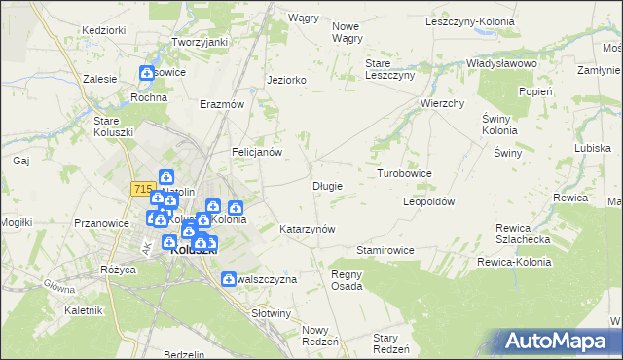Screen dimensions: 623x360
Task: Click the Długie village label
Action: (x=327, y=185)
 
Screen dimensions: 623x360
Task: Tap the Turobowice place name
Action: (x=404, y=172)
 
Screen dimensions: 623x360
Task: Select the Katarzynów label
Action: (x=307, y=229)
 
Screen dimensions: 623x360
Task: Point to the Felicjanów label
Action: (x=256, y=152)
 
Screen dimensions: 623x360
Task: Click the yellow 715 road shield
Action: (x=142, y=188)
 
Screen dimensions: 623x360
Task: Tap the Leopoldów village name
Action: (x=429, y=201)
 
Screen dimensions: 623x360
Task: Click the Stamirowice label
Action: (x=385, y=250)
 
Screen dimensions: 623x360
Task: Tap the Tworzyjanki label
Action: (x=200, y=42)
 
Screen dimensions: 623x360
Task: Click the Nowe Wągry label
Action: (x=347, y=32)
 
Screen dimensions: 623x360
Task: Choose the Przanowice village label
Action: (x=102, y=223)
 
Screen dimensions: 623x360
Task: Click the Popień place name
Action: (x=535, y=90)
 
